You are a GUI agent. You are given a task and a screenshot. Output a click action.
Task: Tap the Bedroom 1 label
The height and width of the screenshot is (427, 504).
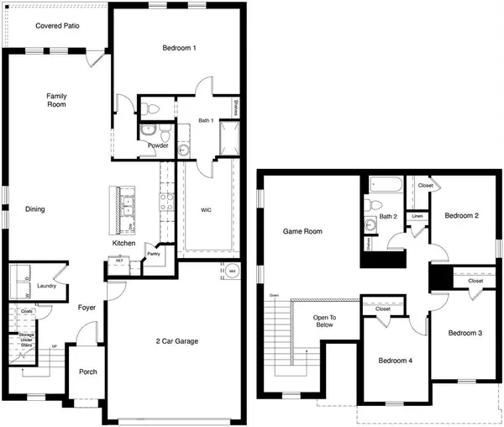click(179, 48)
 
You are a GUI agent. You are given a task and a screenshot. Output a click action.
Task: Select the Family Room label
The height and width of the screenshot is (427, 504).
click(56, 101)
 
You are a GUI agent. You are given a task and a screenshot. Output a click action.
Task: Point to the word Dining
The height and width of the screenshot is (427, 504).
click(34, 209)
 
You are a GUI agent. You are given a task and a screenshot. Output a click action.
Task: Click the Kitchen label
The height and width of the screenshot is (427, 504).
click(124, 243)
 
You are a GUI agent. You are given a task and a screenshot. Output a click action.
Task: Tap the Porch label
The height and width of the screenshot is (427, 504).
click(87, 372)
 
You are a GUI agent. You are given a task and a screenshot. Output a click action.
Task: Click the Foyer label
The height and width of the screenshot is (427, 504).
click(87, 308)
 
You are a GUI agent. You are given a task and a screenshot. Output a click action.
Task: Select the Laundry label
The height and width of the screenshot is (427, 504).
click(46, 287)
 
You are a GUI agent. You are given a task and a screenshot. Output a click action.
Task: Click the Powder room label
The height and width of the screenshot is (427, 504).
click(157, 145)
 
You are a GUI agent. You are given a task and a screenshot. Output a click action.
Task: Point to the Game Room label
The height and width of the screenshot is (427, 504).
click(302, 230)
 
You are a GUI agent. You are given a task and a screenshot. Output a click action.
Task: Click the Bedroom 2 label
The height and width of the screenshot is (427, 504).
click(461, 216)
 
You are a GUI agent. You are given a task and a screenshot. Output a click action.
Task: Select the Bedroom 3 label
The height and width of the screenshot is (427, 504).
click(465, 334)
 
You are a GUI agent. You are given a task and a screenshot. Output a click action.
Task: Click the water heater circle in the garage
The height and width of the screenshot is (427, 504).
click(232, 271)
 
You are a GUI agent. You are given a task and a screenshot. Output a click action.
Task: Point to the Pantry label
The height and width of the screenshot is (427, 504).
click(153, 252)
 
